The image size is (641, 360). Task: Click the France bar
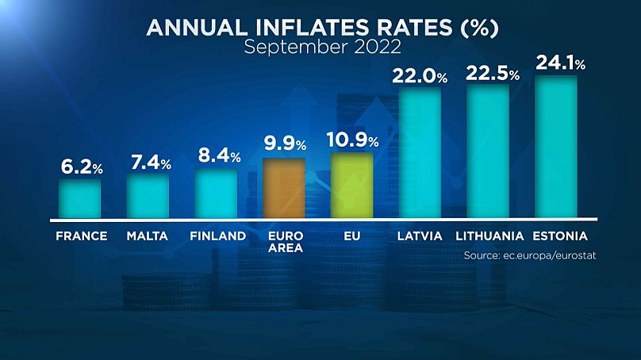pos(80,198)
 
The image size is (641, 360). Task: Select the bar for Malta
pos(148,195)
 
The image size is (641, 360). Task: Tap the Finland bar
pos(217,193)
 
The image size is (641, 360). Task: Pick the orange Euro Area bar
pos(284,187)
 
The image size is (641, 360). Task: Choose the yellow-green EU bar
pos(352,185)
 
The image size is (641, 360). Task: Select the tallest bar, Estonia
pos(556,146)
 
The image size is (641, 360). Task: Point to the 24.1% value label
pos(560,63)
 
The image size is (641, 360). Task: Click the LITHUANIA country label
pos(489,236)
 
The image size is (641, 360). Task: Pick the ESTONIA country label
pos(559,236)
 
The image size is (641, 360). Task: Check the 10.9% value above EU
pos(353,140)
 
